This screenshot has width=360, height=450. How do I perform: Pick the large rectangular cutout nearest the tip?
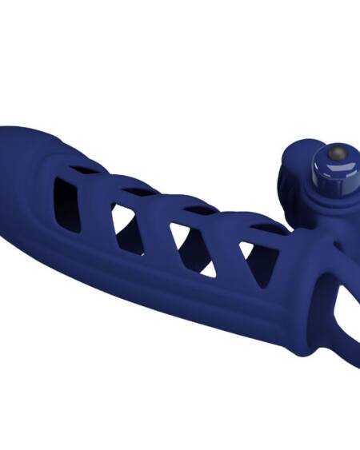click(67, 203)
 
